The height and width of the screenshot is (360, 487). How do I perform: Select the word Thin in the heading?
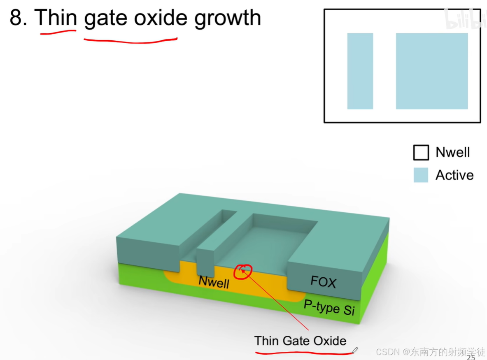point(56,18)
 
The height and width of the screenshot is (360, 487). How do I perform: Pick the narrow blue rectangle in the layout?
point(360,71)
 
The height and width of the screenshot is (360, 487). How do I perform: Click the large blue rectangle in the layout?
point(431,71)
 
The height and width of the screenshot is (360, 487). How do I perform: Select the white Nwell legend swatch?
point(421,153)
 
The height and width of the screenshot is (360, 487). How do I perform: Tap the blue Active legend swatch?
point(421,175)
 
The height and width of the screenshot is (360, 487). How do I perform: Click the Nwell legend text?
point(452,153)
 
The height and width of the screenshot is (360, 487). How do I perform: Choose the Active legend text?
point(454,175)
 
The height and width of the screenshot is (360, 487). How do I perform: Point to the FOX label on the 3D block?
point(323,282)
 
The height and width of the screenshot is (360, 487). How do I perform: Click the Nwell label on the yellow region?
point(214,282)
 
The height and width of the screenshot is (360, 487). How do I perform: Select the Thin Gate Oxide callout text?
point(300,341)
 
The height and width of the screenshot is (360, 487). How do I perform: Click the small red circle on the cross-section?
point(243,272)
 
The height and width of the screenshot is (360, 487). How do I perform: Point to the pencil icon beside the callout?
point(355,350)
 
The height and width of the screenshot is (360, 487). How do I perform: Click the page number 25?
point(471,357)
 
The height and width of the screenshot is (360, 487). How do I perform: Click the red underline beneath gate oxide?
point(130,40)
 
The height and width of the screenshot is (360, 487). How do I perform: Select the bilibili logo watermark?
point(465,20)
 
